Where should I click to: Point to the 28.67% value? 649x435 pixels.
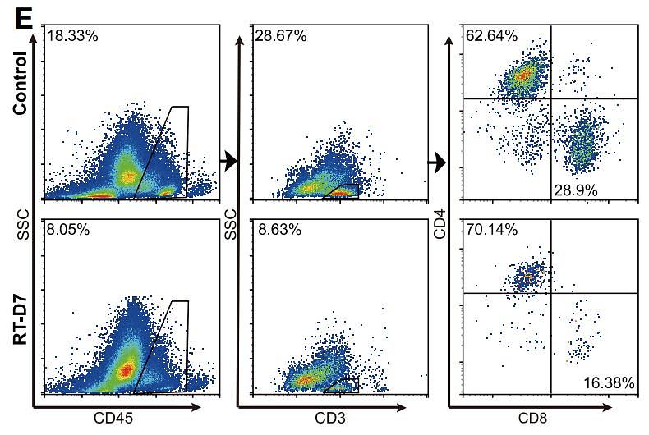click(x=280, y=36)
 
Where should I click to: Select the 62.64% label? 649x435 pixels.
click(x=491, y=36)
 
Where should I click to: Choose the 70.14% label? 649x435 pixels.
click(x=491, y=230)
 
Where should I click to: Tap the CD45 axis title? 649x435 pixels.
click(x=124, y=418)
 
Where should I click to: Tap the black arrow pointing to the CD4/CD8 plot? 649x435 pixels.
click(x=436, y=164)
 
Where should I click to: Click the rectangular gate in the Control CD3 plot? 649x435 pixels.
click(x=343, y=190)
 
